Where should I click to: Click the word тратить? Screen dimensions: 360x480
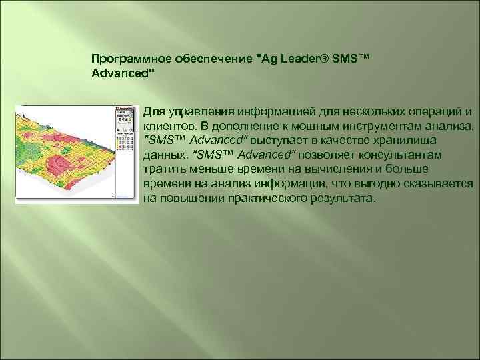[x=164, y=169]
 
